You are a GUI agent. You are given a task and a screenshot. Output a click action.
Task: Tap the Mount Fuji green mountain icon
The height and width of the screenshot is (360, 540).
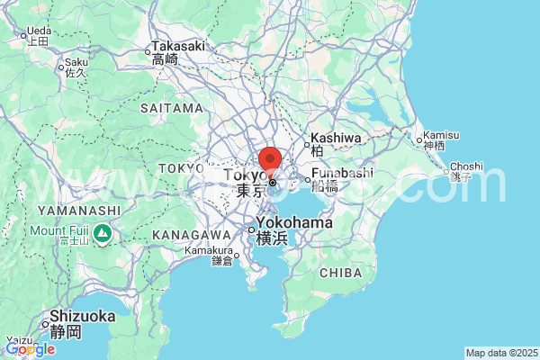pos(103,235)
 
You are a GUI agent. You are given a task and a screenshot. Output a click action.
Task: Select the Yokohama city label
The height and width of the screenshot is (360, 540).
pos(293,223)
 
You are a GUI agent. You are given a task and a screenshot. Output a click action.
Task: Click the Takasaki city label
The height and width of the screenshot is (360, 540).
pos(178,46)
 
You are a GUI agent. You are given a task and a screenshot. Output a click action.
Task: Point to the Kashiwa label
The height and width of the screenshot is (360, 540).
pos(336,139)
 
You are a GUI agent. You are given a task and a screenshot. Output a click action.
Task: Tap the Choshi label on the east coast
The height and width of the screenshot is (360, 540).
pos(466,166)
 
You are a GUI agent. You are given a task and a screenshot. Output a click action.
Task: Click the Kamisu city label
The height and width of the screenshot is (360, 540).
pos(441,135)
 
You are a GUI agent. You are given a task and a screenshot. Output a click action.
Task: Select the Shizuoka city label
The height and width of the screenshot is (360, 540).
pos(82,316)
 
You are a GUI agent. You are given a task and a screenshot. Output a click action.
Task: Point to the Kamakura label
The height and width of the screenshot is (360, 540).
pos(209,251)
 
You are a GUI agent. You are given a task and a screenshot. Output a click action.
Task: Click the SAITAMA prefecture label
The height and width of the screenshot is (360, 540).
pos(173,108)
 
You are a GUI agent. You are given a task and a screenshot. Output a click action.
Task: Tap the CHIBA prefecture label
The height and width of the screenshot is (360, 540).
pos(340,272)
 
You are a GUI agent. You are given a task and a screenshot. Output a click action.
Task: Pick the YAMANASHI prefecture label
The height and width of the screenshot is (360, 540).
pos(79,210)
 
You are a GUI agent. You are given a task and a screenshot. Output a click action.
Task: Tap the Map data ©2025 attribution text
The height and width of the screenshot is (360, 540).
pos(500,353)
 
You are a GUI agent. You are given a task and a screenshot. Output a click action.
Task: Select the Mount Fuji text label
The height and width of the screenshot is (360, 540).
pos(59,229)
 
